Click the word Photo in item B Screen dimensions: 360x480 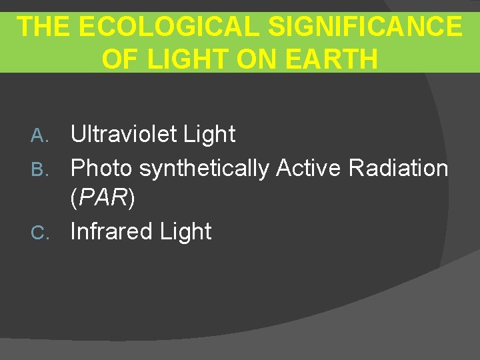(101, 168)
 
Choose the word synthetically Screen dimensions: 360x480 (204, 169)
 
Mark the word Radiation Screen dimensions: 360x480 (398, 168)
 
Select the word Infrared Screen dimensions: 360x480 (112, 232)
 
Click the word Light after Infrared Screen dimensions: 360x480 (186, 232)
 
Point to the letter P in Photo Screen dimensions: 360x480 (77, 168)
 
